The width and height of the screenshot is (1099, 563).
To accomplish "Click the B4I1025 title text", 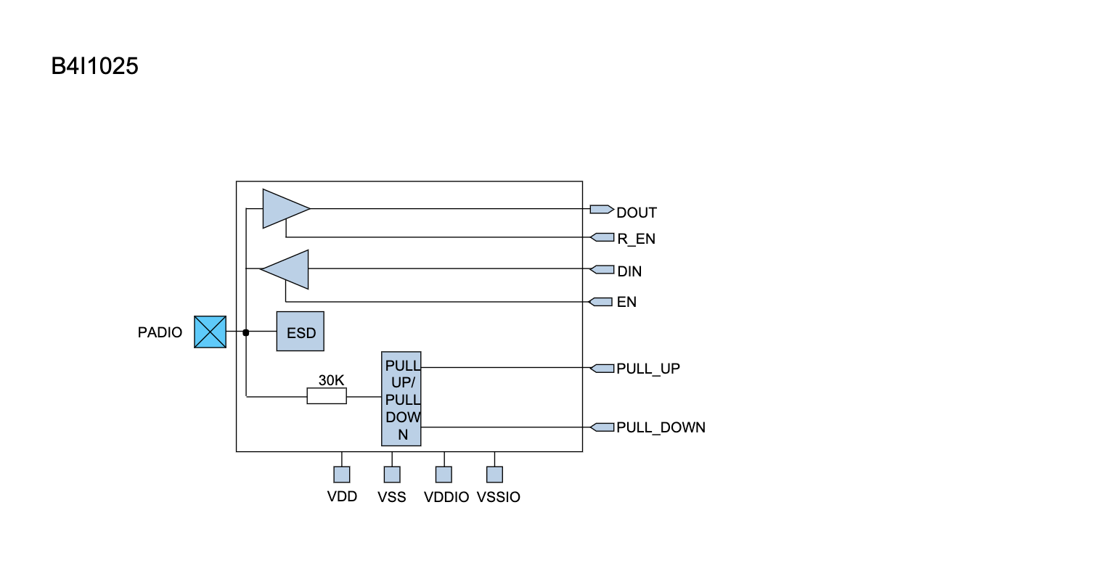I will [x=94, y=67].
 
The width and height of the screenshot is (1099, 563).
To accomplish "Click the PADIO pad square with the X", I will [x=210, y=332].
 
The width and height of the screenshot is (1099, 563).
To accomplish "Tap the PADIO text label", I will [x=160, y=333].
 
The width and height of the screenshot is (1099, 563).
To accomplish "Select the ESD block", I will [x=301, y=332].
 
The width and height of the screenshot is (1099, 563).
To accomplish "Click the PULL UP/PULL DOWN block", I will [x=401, y=399].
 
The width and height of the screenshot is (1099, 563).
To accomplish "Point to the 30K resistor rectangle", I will [x=327, y=396].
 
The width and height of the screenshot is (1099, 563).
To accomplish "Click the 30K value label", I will [x=332, y=380].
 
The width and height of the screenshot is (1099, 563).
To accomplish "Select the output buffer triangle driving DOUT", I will [x=284, y=209].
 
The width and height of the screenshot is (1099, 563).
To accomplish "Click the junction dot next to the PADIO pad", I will [x=246, y=332].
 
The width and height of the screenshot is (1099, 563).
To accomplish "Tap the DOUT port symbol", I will [x=601, y=209].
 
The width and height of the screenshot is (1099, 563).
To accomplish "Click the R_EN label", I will [x=636, y=239].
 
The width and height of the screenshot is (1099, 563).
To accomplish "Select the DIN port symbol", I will [x=602, y=270].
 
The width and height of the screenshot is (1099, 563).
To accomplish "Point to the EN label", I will [x=626, y=302].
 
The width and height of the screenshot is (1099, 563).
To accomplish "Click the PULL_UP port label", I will [x=647, y=369].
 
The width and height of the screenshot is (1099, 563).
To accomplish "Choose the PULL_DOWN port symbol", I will [x=602, y=427].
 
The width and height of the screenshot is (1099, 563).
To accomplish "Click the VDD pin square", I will [x=342, y=474].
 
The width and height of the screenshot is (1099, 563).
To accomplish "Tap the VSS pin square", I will [x=392, y=474].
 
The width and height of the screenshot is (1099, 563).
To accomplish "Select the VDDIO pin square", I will [x=444, y=474].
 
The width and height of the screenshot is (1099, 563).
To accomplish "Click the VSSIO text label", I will [x=498, y=498].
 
